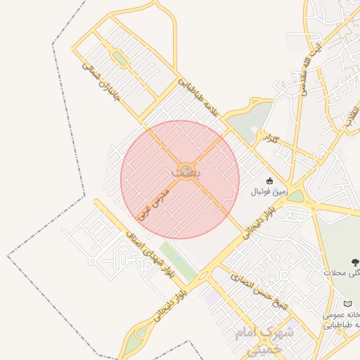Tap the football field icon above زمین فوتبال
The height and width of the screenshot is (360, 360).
pos(269,180)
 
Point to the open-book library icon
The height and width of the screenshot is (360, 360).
pos(347,304)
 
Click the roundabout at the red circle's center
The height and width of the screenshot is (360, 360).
pos(186,171)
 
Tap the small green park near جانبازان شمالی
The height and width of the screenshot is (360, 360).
pos(121,59)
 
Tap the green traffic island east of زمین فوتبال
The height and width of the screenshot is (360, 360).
pos(296,196)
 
